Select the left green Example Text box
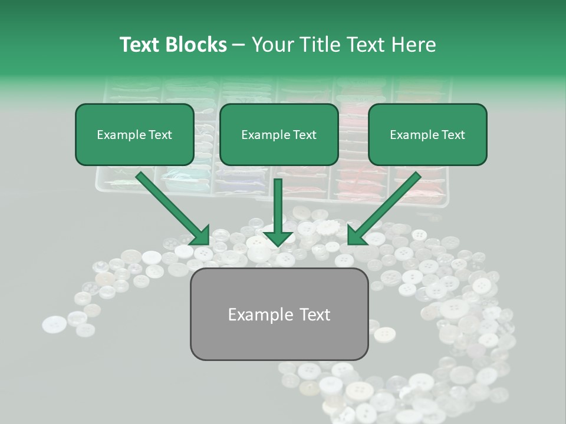tap(134, 134)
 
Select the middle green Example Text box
tap(279, 134)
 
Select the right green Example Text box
tap(427, 134)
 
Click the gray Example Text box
tap(279, 314)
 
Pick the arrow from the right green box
tap(386, 206)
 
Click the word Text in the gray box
tap(314, 314)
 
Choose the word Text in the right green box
tap(453, 135)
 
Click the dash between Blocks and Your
tap(239, 45)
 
